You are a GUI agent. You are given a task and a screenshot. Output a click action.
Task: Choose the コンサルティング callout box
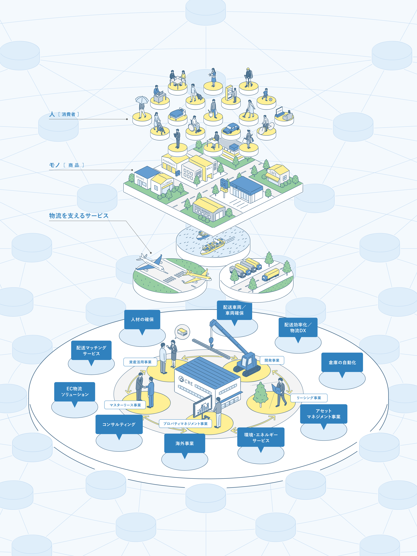coord(119,424)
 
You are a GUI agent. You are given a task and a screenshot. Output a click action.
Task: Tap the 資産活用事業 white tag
coord(140,362)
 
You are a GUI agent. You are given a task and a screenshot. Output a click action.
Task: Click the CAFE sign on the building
coord(273,173)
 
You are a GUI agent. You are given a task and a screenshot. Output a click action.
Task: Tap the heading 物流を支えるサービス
coord(79,216)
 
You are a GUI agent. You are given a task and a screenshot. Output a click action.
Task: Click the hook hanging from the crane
coord(211,341)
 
